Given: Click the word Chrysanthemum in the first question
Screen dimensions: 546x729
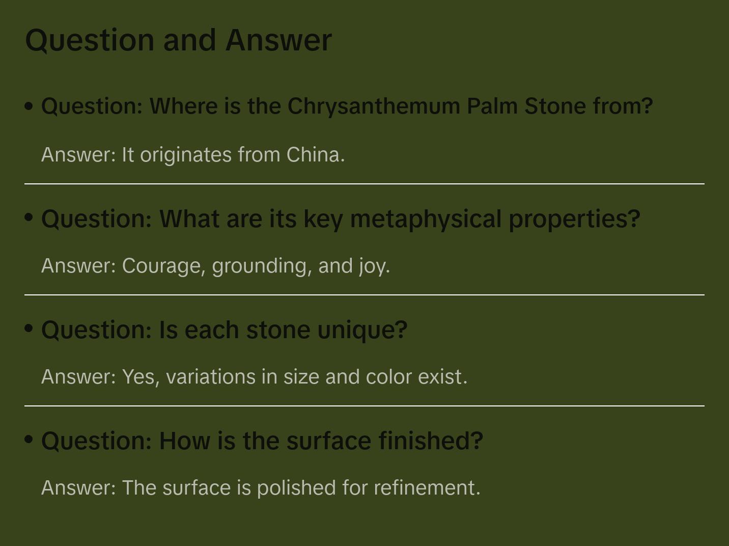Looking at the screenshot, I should click(x=374, y=106).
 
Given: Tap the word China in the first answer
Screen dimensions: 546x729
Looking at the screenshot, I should click(x=315, y=154).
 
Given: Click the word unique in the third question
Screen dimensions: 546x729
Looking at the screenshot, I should click(x=362, y=330).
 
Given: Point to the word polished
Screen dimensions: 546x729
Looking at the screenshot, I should click(x=296, y=487).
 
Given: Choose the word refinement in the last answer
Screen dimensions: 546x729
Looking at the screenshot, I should click(x=427, y=487).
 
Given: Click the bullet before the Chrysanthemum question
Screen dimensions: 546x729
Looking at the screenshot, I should click(x=29, y=106).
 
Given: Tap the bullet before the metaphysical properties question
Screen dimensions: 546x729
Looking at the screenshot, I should click(x=29, y=217).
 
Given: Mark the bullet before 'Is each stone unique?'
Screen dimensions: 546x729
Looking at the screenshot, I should click(x=29, y=329).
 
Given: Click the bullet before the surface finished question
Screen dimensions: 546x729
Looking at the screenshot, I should click(x=29, y=440).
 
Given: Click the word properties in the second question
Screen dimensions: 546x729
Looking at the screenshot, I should click(x=574, y=219).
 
